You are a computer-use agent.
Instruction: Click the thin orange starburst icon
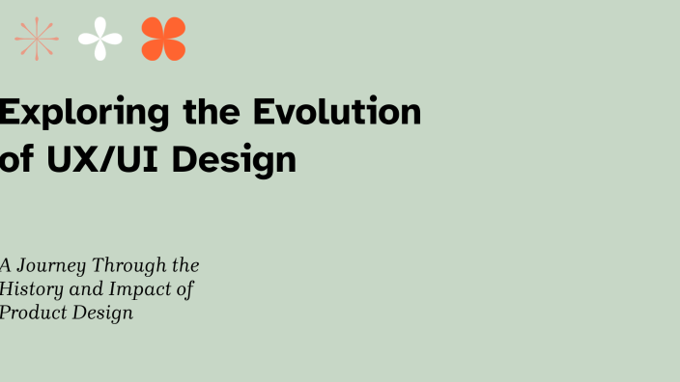37,39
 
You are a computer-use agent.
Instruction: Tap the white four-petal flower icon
100,39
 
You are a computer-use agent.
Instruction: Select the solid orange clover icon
163,39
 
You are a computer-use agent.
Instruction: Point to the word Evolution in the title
337,113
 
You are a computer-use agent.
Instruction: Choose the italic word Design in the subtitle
100,314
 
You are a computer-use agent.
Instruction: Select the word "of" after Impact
184,288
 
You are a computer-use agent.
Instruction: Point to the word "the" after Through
184,265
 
